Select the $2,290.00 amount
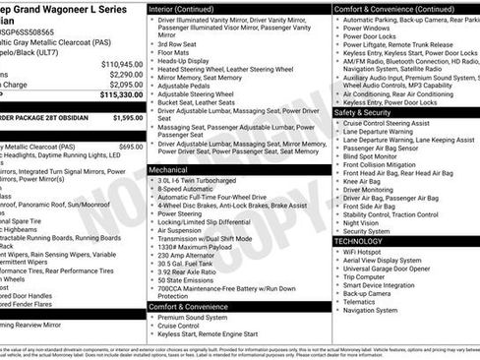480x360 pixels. coord(124,74)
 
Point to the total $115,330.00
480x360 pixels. coord(120,95)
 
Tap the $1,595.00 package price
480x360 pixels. coord(125,117)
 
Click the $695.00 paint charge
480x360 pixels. coord(130,146)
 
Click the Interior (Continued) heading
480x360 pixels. coord(189,8)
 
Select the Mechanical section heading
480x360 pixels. coord(174,170)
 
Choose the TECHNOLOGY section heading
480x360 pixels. coord(358,241)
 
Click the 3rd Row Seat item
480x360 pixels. coord(180,43)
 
